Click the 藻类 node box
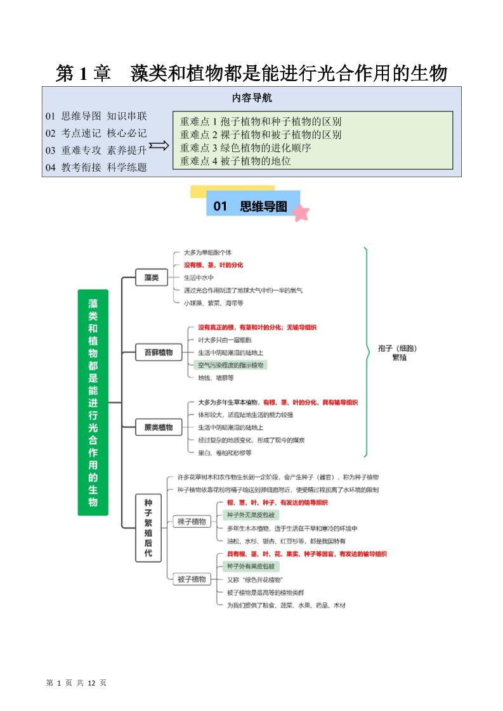151,278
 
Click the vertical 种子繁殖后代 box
148,529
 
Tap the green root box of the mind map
93,402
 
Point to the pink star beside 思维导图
301,212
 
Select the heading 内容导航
252,98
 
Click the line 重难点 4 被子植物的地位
235,161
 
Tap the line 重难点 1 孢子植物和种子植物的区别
261,121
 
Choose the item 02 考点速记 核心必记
96,133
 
